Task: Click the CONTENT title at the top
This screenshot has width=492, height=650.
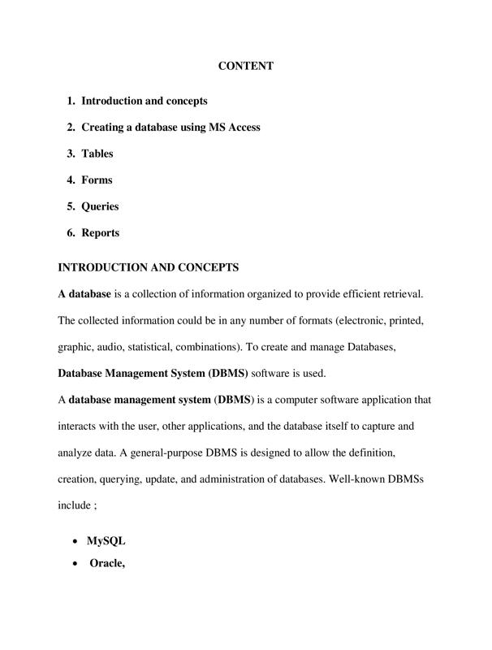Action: (245, 66)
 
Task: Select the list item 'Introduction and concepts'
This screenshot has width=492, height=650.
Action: (144, 101)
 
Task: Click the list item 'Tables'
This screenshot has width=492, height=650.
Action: (97, 154)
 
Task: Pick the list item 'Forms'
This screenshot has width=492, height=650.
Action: (97, 180)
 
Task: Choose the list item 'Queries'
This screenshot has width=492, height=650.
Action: (100, 206)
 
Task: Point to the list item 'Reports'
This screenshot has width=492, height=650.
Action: (100, 232)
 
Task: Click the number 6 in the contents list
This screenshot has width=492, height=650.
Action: (71, 232)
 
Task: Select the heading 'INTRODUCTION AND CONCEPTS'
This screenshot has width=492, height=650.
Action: (148, 267)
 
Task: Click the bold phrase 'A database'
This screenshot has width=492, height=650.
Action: (84, 292)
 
